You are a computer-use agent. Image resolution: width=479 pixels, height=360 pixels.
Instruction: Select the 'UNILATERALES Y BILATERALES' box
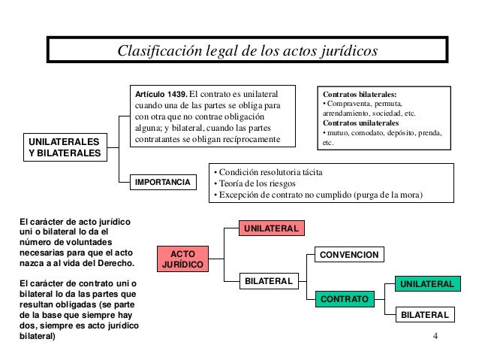coord(63,147)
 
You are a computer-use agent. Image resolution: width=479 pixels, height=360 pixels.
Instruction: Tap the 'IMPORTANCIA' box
coord(162,183)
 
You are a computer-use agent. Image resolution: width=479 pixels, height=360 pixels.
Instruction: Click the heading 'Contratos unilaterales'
coord(361,123)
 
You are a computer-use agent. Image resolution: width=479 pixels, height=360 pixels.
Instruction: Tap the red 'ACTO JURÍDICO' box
coord(182,259)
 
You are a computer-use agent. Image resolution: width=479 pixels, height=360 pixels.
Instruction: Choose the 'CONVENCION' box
coord(349,256)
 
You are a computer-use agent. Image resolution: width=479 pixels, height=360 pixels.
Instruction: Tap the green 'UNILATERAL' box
coord(425,285)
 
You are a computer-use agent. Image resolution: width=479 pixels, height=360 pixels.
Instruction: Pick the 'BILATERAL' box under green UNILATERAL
coord(424,315)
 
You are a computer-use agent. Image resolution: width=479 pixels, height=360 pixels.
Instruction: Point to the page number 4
coord(436,335)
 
